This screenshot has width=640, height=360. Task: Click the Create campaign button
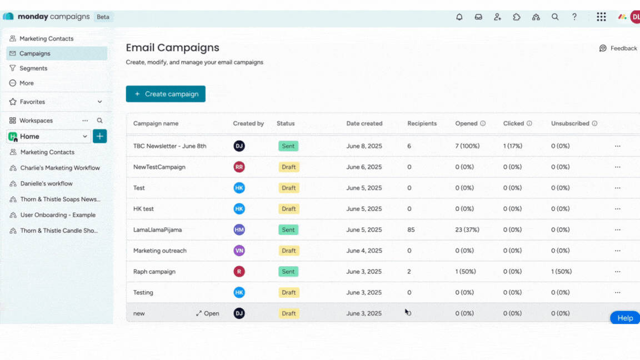pyautogui.click(x=166, y=94)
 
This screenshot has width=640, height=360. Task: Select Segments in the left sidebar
pyautogui.click(x=33, y=68)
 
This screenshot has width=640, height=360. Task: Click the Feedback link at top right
pyautogui.click(x=618, y=48)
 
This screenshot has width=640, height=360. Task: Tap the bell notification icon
pyautogui.click(x=459, y=17)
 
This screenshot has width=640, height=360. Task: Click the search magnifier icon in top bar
pyautogui.click(x=555, y=17)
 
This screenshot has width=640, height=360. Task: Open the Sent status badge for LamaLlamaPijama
pyautogui.click(x=288, y=229)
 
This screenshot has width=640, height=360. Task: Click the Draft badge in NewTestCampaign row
pyautogui.click(x=289, y=167)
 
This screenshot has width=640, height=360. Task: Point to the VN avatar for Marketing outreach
pyautogui.click(x=239, y=251)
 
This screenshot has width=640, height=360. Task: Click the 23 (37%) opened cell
pyautogui.click(x=467, y=229)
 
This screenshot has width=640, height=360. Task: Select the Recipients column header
pyautogui.click(x=422, y=123)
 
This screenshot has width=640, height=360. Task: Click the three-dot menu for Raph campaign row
pyautogui.click(x=617, y=272)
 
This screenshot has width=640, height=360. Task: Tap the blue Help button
pyautogui.click(x=625, y=318)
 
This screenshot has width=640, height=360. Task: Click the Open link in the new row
pyautogui.click(x=208, y=313)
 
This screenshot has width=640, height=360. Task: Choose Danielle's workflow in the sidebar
pyautogui.click(x=47, y=183)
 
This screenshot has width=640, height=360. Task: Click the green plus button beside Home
pyautogui.click(x=100, y=136)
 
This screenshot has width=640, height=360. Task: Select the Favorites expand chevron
pyautogui.click(x=100, y=102)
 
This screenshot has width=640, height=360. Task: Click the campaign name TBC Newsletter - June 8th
pyautogui.click(x=169, y=146)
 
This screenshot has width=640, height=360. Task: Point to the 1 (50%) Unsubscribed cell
pyautogui.click(x=561, y=272)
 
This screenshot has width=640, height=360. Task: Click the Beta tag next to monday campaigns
pyautogui.click(x=103, y=17)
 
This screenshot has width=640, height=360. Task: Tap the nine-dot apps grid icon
pyautogui.click(x=601, y=17)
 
